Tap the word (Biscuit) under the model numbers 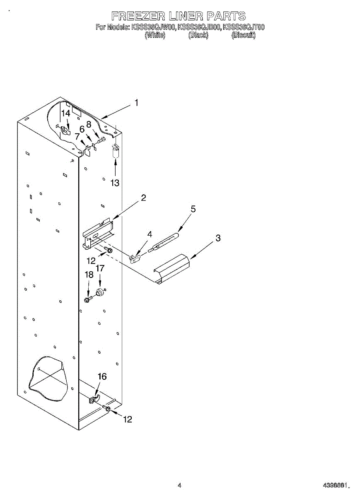pos(244,35)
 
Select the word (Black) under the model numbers pos(198,35)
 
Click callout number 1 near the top pos(137,103)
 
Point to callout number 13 pos(115,183)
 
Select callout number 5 pos(193,209)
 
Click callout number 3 pos(217,238)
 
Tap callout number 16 pos(102,376)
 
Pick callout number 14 pos(66,113)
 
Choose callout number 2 pos(143,198)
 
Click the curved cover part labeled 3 pos(171,269)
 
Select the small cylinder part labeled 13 pos(116,151)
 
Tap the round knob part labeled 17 pos(99,292)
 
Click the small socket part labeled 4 pos(135,259)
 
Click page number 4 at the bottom pos(179,485)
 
